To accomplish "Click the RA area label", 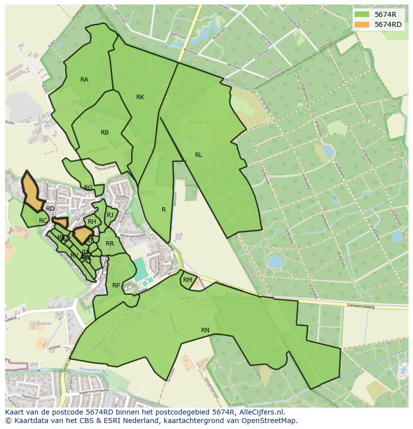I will tap(84, 80).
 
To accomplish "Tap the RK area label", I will tap(140, 97).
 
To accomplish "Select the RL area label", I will tap(199, 155).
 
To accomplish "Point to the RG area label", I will tap(88, 188).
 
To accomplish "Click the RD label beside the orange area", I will tap(50, 209).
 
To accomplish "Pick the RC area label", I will tap(43, 221).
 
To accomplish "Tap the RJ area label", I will tap(110, 215).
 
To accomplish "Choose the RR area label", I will tap(110, 244).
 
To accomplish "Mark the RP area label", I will tap(116, 286).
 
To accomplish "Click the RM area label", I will tap(188, 280).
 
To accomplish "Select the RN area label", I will tap(205, 330).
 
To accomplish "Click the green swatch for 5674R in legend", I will tap(362, 14).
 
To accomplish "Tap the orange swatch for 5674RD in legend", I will tap(362, 24).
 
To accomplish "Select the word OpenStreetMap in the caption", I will tap(270, 421).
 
